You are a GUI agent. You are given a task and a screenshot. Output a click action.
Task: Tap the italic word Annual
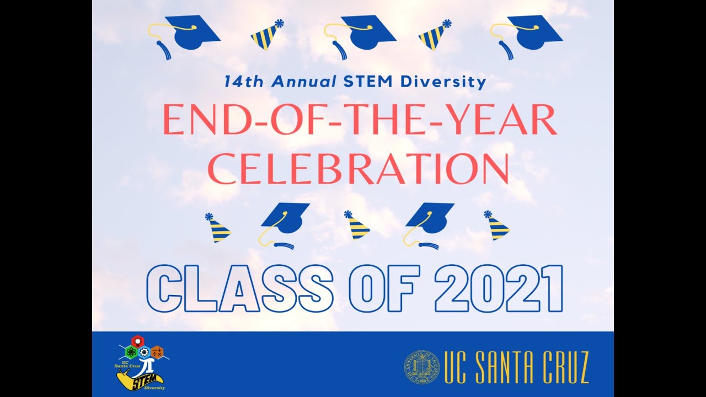[304, 83]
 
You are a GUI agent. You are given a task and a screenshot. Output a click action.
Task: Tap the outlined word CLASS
[239, 289]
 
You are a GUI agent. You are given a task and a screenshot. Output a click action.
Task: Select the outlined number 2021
[499, 289]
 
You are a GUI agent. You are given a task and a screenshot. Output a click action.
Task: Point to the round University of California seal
[421, 367]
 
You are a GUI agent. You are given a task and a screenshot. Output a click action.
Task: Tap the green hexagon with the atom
[131, 352]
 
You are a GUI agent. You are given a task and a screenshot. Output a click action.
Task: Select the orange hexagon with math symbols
[157, 352]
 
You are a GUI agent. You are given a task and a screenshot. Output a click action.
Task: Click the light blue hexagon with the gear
[144, 352]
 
